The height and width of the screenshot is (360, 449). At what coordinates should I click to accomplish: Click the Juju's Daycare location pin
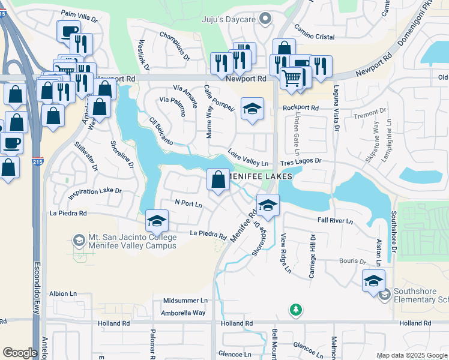click(264, 20)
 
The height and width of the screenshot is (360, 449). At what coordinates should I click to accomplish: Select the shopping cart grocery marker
click(292, 77)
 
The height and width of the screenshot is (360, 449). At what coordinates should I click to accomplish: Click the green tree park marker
click(295, 310)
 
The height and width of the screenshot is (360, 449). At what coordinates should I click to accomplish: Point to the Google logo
click(20, 352)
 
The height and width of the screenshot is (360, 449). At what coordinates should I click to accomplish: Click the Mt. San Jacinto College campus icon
click(78, 241)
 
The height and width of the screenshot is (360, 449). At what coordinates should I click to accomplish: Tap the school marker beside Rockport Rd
click(253, 109)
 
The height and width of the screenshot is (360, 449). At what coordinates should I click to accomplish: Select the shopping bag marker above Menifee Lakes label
click(217, 179)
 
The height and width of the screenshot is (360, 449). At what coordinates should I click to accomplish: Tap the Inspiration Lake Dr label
click(95, 192)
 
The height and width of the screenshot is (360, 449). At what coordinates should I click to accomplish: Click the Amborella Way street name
click(183, 313)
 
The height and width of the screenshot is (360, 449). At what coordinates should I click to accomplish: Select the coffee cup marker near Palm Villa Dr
click(68, 31)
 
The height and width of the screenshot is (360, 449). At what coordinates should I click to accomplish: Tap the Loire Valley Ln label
click(247, 158)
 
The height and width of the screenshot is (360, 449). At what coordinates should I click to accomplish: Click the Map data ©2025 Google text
click(411, 355)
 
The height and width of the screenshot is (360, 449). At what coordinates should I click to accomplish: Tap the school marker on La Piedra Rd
click(157, 221)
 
